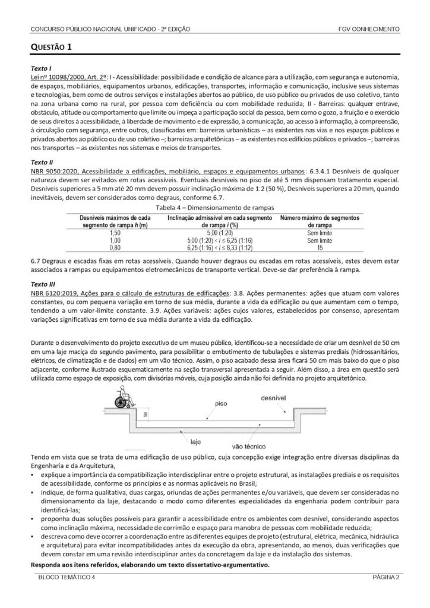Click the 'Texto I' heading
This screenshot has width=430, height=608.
pos(41,69)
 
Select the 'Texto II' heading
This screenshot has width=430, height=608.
pos(42,161)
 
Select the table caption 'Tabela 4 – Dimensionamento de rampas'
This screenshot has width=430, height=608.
pos(214,207)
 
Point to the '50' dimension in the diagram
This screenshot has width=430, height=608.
pos(145,414)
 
